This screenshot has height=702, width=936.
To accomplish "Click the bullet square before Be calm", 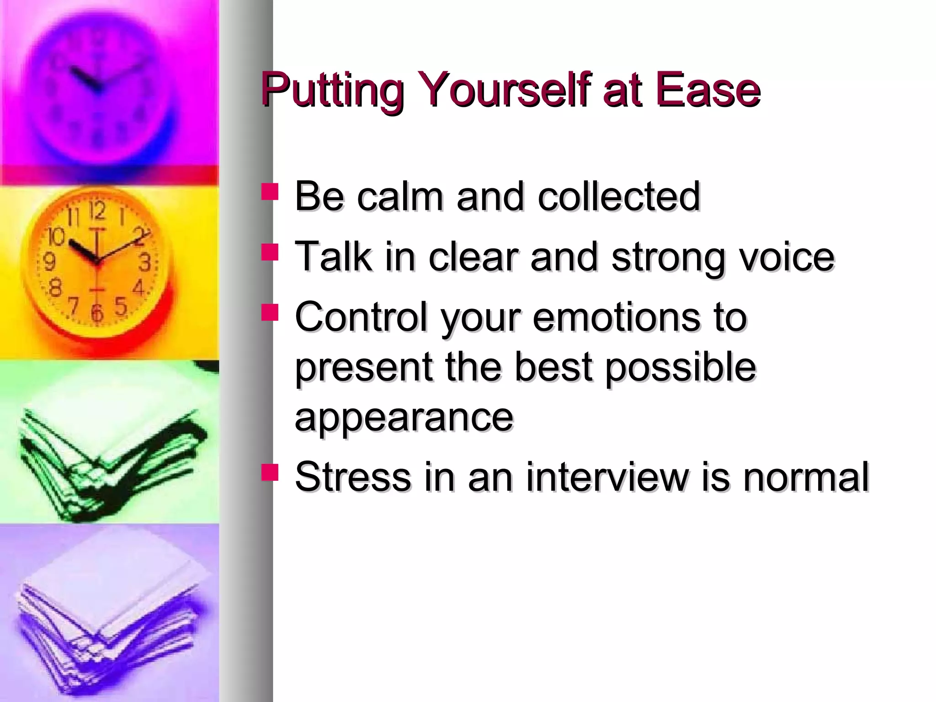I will click(270, 192).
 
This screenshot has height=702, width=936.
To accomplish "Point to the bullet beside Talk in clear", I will click(270, 252).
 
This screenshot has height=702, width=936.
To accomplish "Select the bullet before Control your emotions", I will click(270, 313).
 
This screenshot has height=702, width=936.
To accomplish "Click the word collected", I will click(619, 197).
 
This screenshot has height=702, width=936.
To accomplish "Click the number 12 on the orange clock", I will click(97, 211).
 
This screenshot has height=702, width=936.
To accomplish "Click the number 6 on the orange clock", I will click(96, 313).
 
